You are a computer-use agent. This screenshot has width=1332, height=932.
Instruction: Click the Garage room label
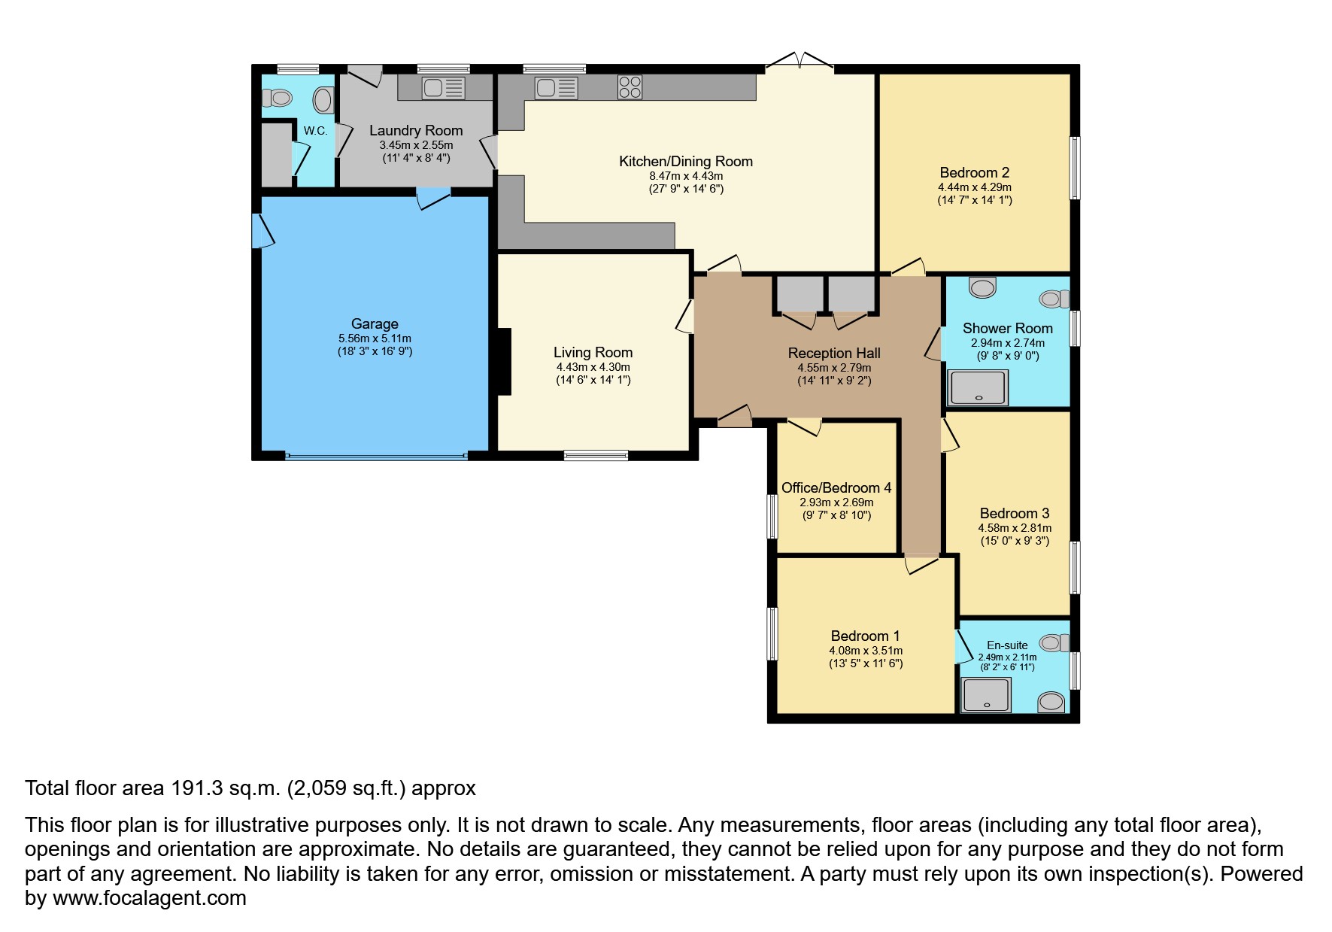(375, 324)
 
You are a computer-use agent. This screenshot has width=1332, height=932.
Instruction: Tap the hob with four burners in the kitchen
(630, 87)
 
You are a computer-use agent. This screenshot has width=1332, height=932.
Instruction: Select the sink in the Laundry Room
(443, 88)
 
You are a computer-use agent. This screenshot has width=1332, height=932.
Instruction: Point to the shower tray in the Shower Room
(978, 387)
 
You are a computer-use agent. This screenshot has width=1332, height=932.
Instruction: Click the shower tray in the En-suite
(986, 695)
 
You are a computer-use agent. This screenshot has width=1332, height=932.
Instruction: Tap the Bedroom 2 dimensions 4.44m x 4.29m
(974, 187)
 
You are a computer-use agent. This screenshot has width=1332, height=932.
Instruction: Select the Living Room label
(593, 352)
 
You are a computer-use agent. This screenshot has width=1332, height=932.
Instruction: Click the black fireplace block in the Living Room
(503, 361)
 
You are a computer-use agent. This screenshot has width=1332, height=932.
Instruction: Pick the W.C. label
(315, 131)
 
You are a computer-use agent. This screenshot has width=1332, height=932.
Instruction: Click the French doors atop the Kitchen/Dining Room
(800, 62)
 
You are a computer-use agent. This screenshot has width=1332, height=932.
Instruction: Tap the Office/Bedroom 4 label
(836, 487)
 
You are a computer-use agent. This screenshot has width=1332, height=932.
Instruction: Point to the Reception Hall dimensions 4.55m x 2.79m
(834, 368)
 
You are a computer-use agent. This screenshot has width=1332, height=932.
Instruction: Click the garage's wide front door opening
(376, 455)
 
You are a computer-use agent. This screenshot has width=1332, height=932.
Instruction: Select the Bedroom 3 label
(1014, 513)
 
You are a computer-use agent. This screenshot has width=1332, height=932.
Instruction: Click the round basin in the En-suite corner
(1051, 702)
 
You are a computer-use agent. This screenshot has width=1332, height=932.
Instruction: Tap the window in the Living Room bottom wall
(596, 455)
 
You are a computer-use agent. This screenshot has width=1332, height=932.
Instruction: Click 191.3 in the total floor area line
(197, 788)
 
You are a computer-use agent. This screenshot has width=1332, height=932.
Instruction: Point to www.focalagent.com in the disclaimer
(149, 898)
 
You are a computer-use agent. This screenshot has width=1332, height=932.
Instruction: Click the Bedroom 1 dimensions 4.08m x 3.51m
(866, 651)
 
